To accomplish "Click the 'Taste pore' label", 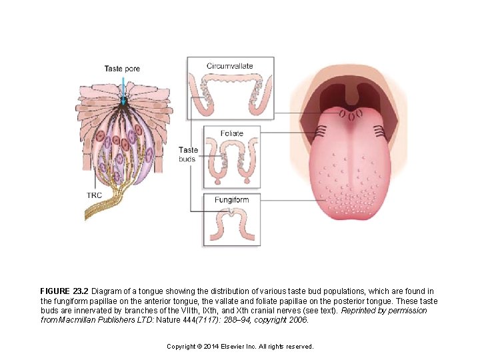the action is coord(122,69).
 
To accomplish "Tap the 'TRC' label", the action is coord(94,195).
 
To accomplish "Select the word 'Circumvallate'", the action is coord(229,66).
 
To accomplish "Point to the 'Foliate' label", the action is coord(231,133).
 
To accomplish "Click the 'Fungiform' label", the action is coord(231,200).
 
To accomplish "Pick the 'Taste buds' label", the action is coord(189,155).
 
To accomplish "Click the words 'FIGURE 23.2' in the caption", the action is coord(64,291).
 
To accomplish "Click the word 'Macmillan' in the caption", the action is coord(79,320).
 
